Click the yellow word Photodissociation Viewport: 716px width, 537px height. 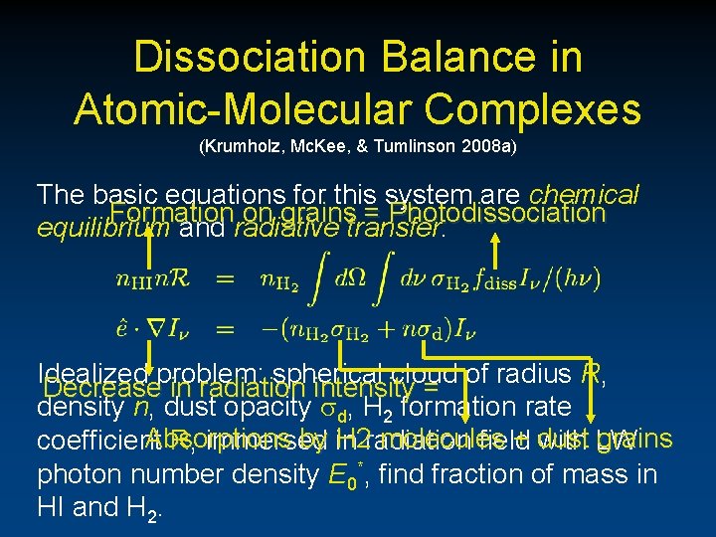point(498,213)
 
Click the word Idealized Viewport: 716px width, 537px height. point(84,375)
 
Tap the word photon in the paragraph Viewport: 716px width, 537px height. point(80,474)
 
